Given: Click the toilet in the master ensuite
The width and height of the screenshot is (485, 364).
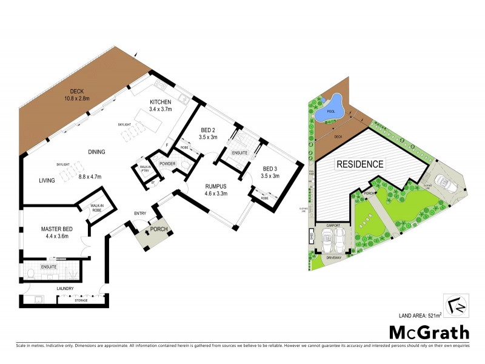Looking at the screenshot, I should pyautogui.click(x=30, y=274).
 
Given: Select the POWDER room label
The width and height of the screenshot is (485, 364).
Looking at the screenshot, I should pyautogui.click(x=167, y=163).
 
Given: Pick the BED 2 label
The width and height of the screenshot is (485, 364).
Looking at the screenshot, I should pyautogui.click(x=208, y=129).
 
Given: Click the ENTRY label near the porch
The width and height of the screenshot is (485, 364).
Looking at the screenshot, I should pyautogui.click(x=141, y=213).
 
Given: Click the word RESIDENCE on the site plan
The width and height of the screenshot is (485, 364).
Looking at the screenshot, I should pyautogui.click(x=360, y=164).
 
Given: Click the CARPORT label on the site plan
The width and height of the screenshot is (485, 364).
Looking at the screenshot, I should pyautogui.click(x=334, y=224).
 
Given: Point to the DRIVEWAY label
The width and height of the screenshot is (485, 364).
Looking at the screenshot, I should pyautogui.click(x=334, y=257).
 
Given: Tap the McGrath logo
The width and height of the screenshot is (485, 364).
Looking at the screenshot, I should pyautogui.click(x=429, y=332).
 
